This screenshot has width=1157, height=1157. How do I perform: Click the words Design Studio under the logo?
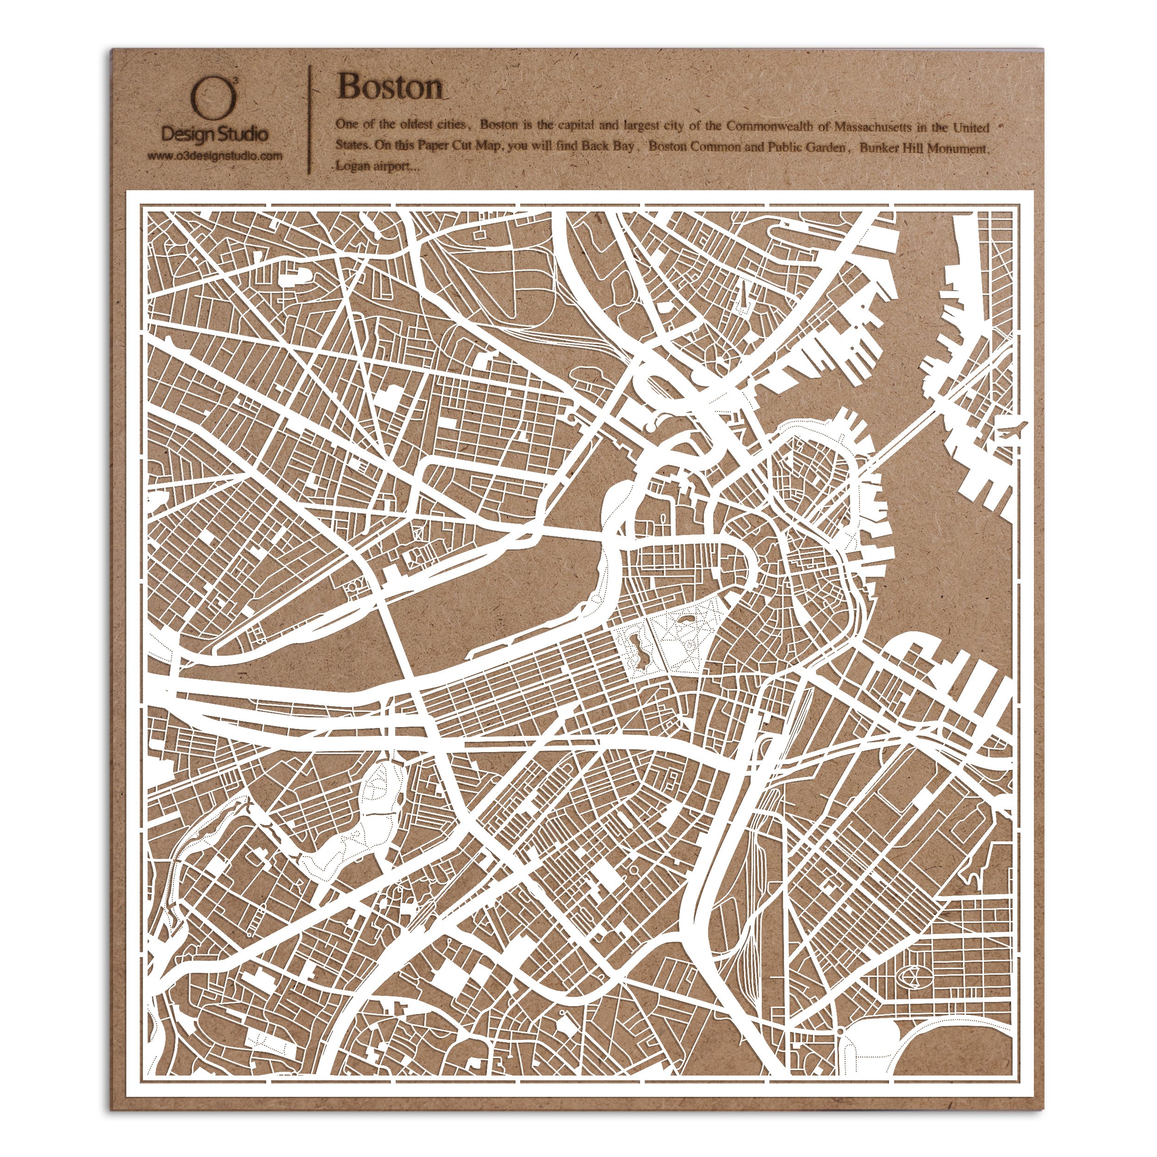214,134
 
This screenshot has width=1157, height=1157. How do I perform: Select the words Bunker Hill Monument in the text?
922,148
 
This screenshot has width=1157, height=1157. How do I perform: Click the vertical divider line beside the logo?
310,117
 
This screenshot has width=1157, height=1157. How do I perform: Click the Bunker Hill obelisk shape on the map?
743,297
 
